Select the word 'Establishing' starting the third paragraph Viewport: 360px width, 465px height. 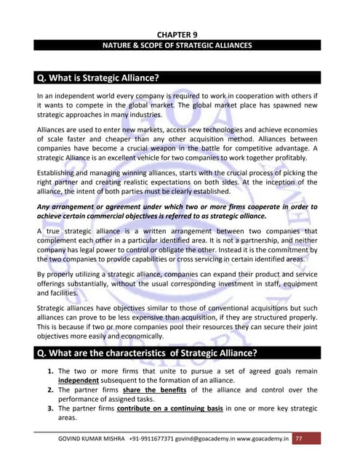[x=60, y=172]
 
